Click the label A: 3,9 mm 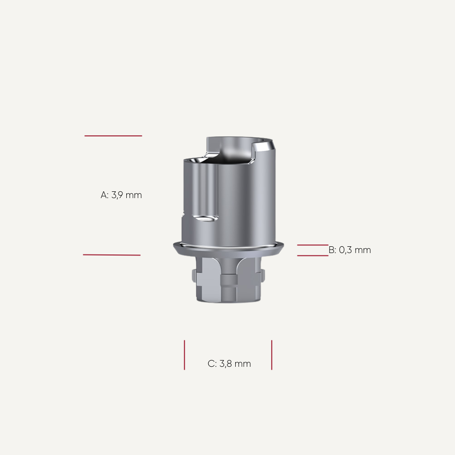tap(121, 195)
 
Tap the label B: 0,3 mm tap(350, 250)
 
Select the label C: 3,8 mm tap(229, 364)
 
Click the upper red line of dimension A tap(113, 136)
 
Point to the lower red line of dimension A tap(112, 255)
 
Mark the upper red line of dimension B tap(312, 245)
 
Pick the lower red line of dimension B tap(312, 255)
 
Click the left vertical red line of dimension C tap(184, 355)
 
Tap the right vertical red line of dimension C tap(272, 355)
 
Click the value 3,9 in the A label tap(120, 195)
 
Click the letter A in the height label tap(104, 195)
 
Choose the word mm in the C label tap(243, 364)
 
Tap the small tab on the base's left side tap(194, 277)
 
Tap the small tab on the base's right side tap(264, 277)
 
